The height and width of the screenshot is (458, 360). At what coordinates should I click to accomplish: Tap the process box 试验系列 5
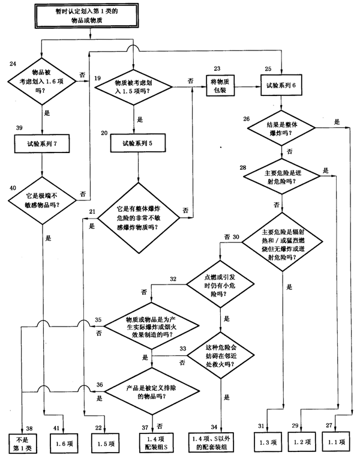pyautogui.click(x=139, y=143)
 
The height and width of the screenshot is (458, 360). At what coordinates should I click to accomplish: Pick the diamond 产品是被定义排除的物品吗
pyautogui.click(x=152, y=390)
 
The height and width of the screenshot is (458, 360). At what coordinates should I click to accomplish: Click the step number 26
pyautogui.click(x=247, y=119)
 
